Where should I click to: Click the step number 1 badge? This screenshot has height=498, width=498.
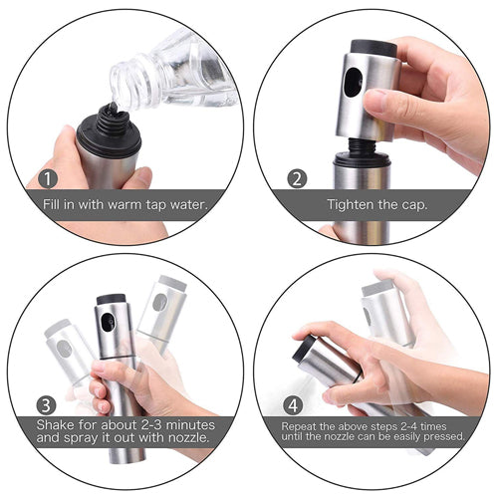tap(47, 180)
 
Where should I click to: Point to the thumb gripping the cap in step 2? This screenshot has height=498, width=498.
tap(387, 102)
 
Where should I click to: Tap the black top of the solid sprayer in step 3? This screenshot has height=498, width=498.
tap(111, 299)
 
